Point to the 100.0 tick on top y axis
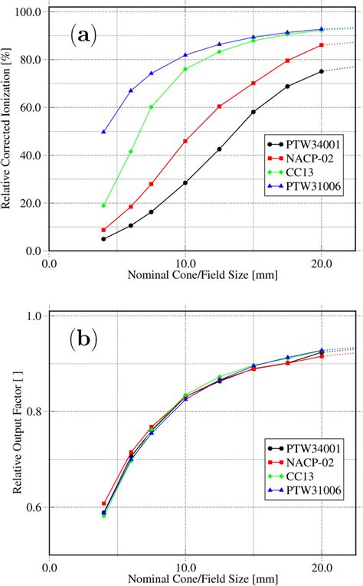(28, 12)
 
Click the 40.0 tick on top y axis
(30, 156)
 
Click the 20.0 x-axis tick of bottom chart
(322, 568)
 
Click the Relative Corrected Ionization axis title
(9, 131)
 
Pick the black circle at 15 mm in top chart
(253, 112)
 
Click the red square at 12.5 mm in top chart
(220, 106)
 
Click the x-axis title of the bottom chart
(185, 580)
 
